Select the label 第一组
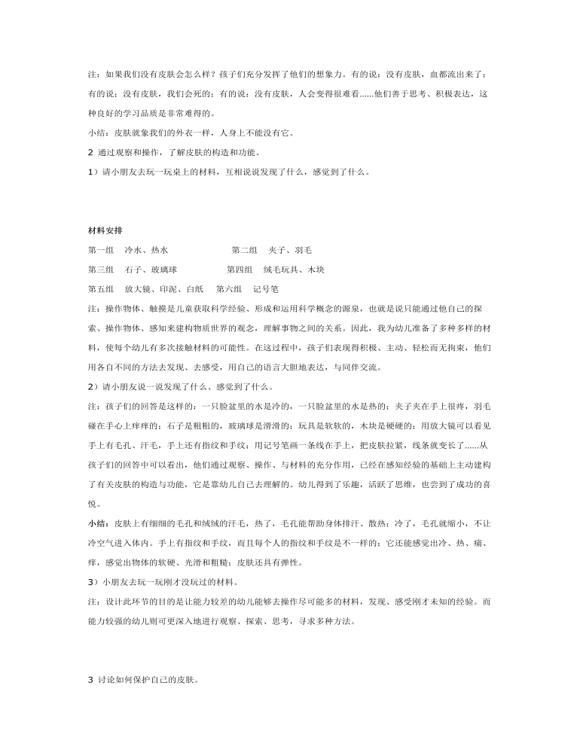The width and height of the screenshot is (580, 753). click(100, 250)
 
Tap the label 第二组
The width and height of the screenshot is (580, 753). click(244, 250)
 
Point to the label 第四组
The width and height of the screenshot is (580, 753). click(240, 270)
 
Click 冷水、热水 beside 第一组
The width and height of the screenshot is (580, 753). click(147, 250)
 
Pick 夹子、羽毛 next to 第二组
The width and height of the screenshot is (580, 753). click(290, 250)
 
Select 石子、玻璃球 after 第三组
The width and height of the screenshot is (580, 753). click(151, 270)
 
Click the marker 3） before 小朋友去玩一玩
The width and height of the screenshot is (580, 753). click(93, 582)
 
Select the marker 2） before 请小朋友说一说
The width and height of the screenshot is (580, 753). click(93, 387)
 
